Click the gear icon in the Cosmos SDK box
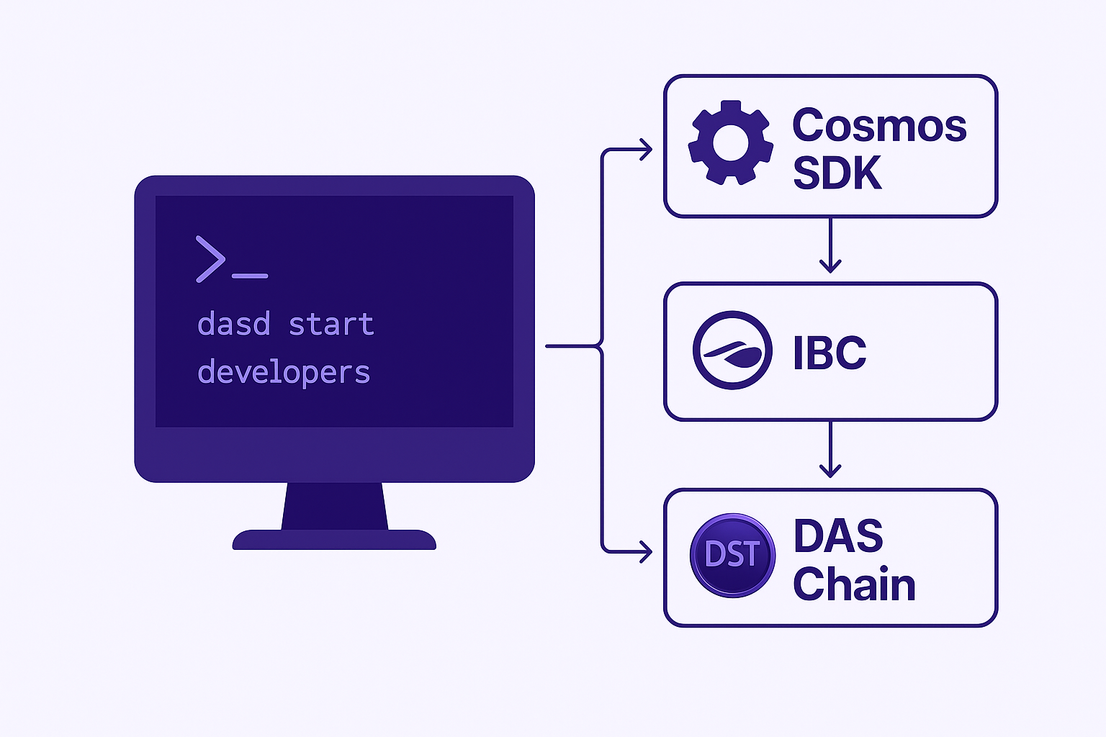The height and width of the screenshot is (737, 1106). click(731, 143)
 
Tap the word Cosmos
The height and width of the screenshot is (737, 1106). click(879, 125)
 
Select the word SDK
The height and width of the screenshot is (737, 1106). click(837, 173)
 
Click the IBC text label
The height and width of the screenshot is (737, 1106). click(829, 353)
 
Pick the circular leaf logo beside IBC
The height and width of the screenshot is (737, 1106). click(732, 351)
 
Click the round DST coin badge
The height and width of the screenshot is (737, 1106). click(732, 554)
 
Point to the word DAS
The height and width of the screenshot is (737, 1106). click(838, 536)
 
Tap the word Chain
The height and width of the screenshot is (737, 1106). click(854, 584)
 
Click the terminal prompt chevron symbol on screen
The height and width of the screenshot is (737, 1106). click(210, 259)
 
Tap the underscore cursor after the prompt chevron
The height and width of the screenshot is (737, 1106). click(250, 276)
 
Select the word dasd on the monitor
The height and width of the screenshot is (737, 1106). click(234, 325)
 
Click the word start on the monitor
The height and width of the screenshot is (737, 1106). click(331, 325)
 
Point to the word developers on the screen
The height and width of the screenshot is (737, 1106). click(284, 373)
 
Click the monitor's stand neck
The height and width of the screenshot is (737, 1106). click(335, 506)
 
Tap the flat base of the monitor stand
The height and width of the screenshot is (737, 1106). click(335, 540)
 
